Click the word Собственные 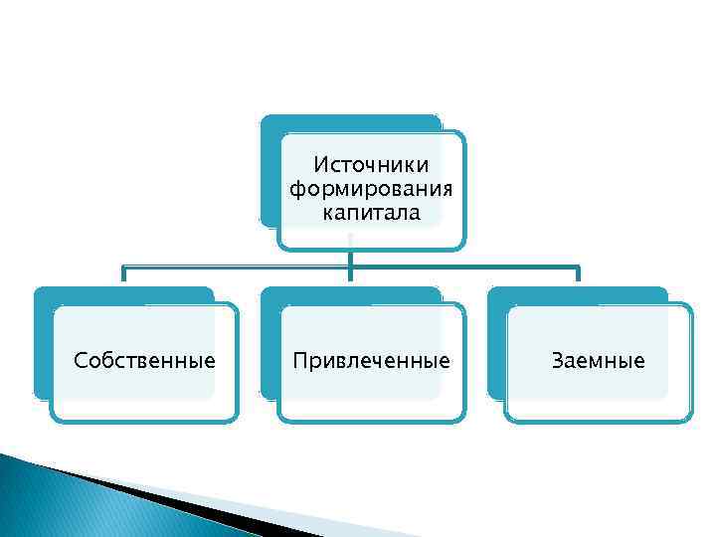click(x=145, y=360)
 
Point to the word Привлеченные click(x=371, y=360)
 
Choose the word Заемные click(x=598, y=360)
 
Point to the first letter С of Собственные click(x=81, y=360)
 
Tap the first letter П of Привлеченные click(x=298, y=360)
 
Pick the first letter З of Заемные click(x=557, y=360)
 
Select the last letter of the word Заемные click(x=639, y=361)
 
